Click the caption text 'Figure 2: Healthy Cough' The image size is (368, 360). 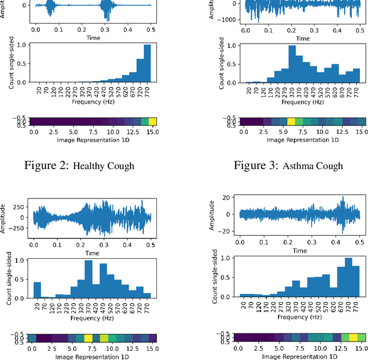pyautogui.click(x=93, y=166)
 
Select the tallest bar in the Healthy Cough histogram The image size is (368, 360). pyautogui.click(x=148, y=63)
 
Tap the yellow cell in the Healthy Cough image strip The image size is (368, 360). pyautogui.click(x=152, y=121)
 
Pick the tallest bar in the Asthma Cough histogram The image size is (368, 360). pyautogui.click(x=292, y=64)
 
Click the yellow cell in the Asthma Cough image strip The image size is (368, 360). pyautogui.click(x=292, y=121)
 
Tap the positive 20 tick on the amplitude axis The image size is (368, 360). pyautogui.click(x=228, y=198)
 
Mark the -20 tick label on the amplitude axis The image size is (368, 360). pyautogui.click(x=227, y=230)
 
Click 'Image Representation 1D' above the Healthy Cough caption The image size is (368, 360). pyautogui.click(x=93, y=139)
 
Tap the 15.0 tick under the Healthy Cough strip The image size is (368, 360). pyautogui.click(x=152, y=132)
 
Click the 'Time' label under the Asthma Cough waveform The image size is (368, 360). pyautogui.click(x=302, y=39)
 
